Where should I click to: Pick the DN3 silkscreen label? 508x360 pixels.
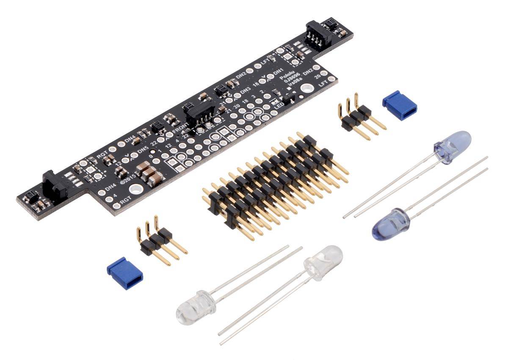(x=245, y=91)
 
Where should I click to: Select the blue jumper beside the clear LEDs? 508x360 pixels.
(x=125, y=273)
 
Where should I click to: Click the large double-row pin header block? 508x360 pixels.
(x=271, y=182)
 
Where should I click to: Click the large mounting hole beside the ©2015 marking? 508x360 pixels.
(x=135, y=189)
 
